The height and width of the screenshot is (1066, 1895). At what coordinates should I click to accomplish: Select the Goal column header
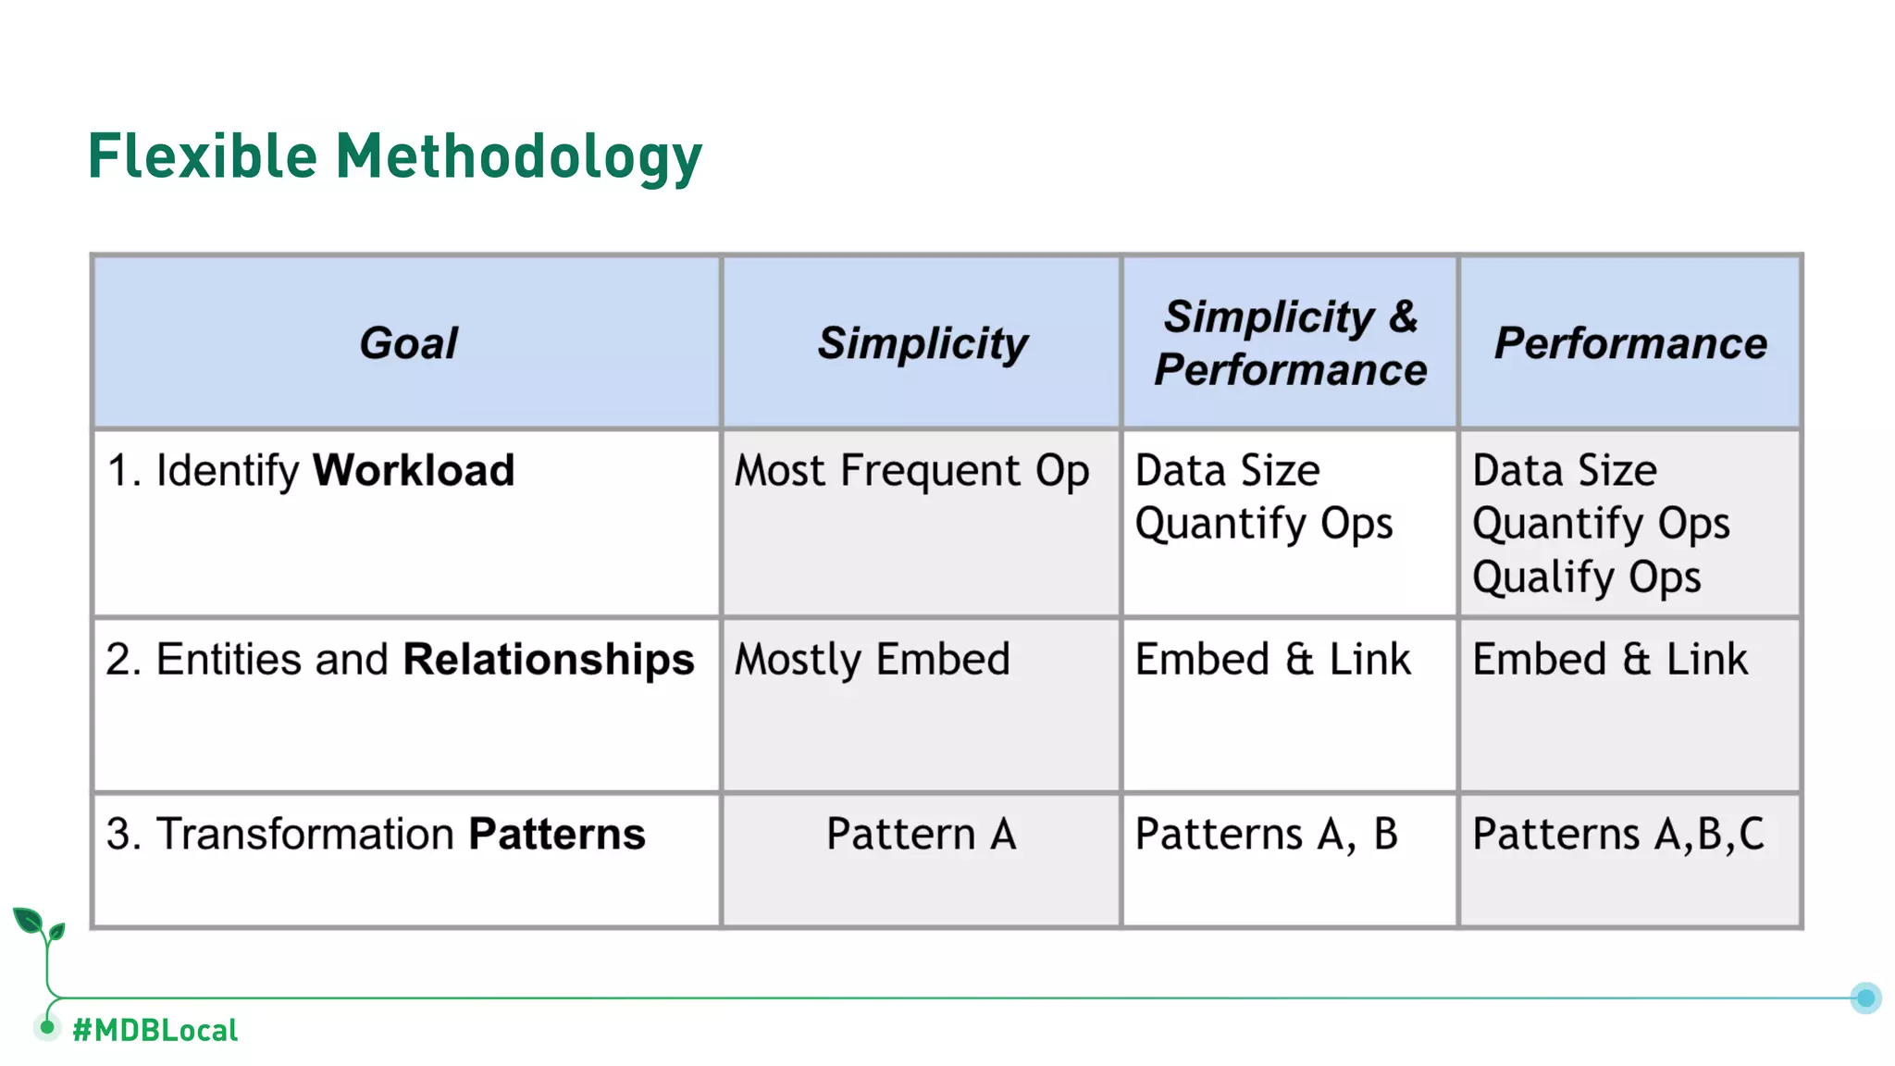pos(408,343)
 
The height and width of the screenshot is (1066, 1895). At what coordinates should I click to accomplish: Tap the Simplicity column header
pos(922,343)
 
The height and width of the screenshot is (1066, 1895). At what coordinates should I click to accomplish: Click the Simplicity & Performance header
pos(1290,343)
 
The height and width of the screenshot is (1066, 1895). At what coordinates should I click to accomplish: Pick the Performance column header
pos(1630,343)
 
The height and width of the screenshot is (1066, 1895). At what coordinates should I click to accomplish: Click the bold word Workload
pos(413,470)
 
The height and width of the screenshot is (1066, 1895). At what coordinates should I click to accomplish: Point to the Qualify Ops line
pos(1586,577)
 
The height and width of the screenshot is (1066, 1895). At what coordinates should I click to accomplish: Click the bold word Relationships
pos(549,660)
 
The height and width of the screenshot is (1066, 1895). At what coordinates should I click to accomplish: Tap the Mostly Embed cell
pos(872,660)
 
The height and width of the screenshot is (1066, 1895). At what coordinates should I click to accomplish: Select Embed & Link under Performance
pos(1610,660)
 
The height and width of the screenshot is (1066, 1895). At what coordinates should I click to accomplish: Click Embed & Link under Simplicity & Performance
pos(1272,660)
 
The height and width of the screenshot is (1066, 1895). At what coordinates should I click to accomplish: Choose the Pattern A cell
pos(921,834)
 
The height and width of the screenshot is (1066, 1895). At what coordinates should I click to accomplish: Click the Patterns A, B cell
pos(1266,834)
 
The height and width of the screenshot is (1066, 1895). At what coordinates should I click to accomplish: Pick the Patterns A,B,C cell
pos(1617,834)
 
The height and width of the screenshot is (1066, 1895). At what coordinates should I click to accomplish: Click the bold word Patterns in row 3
pos(557,834)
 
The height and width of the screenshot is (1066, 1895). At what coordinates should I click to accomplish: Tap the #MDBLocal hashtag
pos(155,1030)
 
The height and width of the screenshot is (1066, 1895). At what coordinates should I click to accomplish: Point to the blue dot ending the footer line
pos(1865,998)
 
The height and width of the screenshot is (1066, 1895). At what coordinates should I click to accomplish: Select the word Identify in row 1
pos(228,470)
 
